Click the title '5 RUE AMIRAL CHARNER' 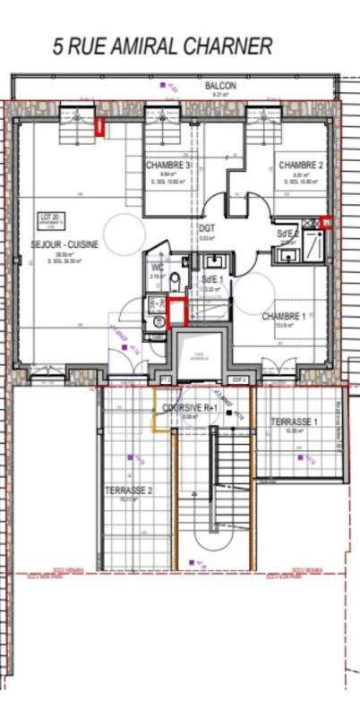click(162, 47)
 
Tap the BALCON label click(220, 86)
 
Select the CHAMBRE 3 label click(168, 166)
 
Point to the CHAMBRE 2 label click(300, 166)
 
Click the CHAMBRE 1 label click(283, 317)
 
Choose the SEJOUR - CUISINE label click(64, 244)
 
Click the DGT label click(207, 228)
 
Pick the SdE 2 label click(288, 234)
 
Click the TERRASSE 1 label click(296, 422)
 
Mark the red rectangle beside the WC click(176, 311)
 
